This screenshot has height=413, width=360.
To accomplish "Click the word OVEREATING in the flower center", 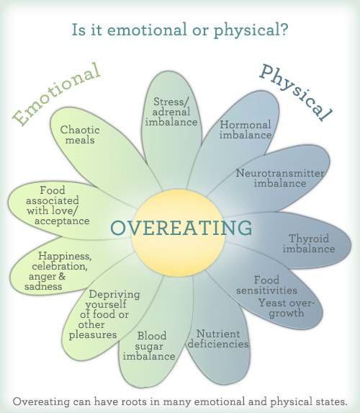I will pyautogui.click(x=181, y=228).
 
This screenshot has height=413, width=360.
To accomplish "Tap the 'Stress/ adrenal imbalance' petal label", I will pyautogui.click(x=175, y=112).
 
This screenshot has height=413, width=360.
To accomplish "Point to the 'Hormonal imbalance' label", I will pyautogui.click(x=246, y=130).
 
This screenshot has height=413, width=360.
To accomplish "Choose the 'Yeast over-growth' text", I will pyautogui.click(x=291, y=308).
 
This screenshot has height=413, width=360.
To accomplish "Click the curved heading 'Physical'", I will pyautogui.click(x=295, y=92).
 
